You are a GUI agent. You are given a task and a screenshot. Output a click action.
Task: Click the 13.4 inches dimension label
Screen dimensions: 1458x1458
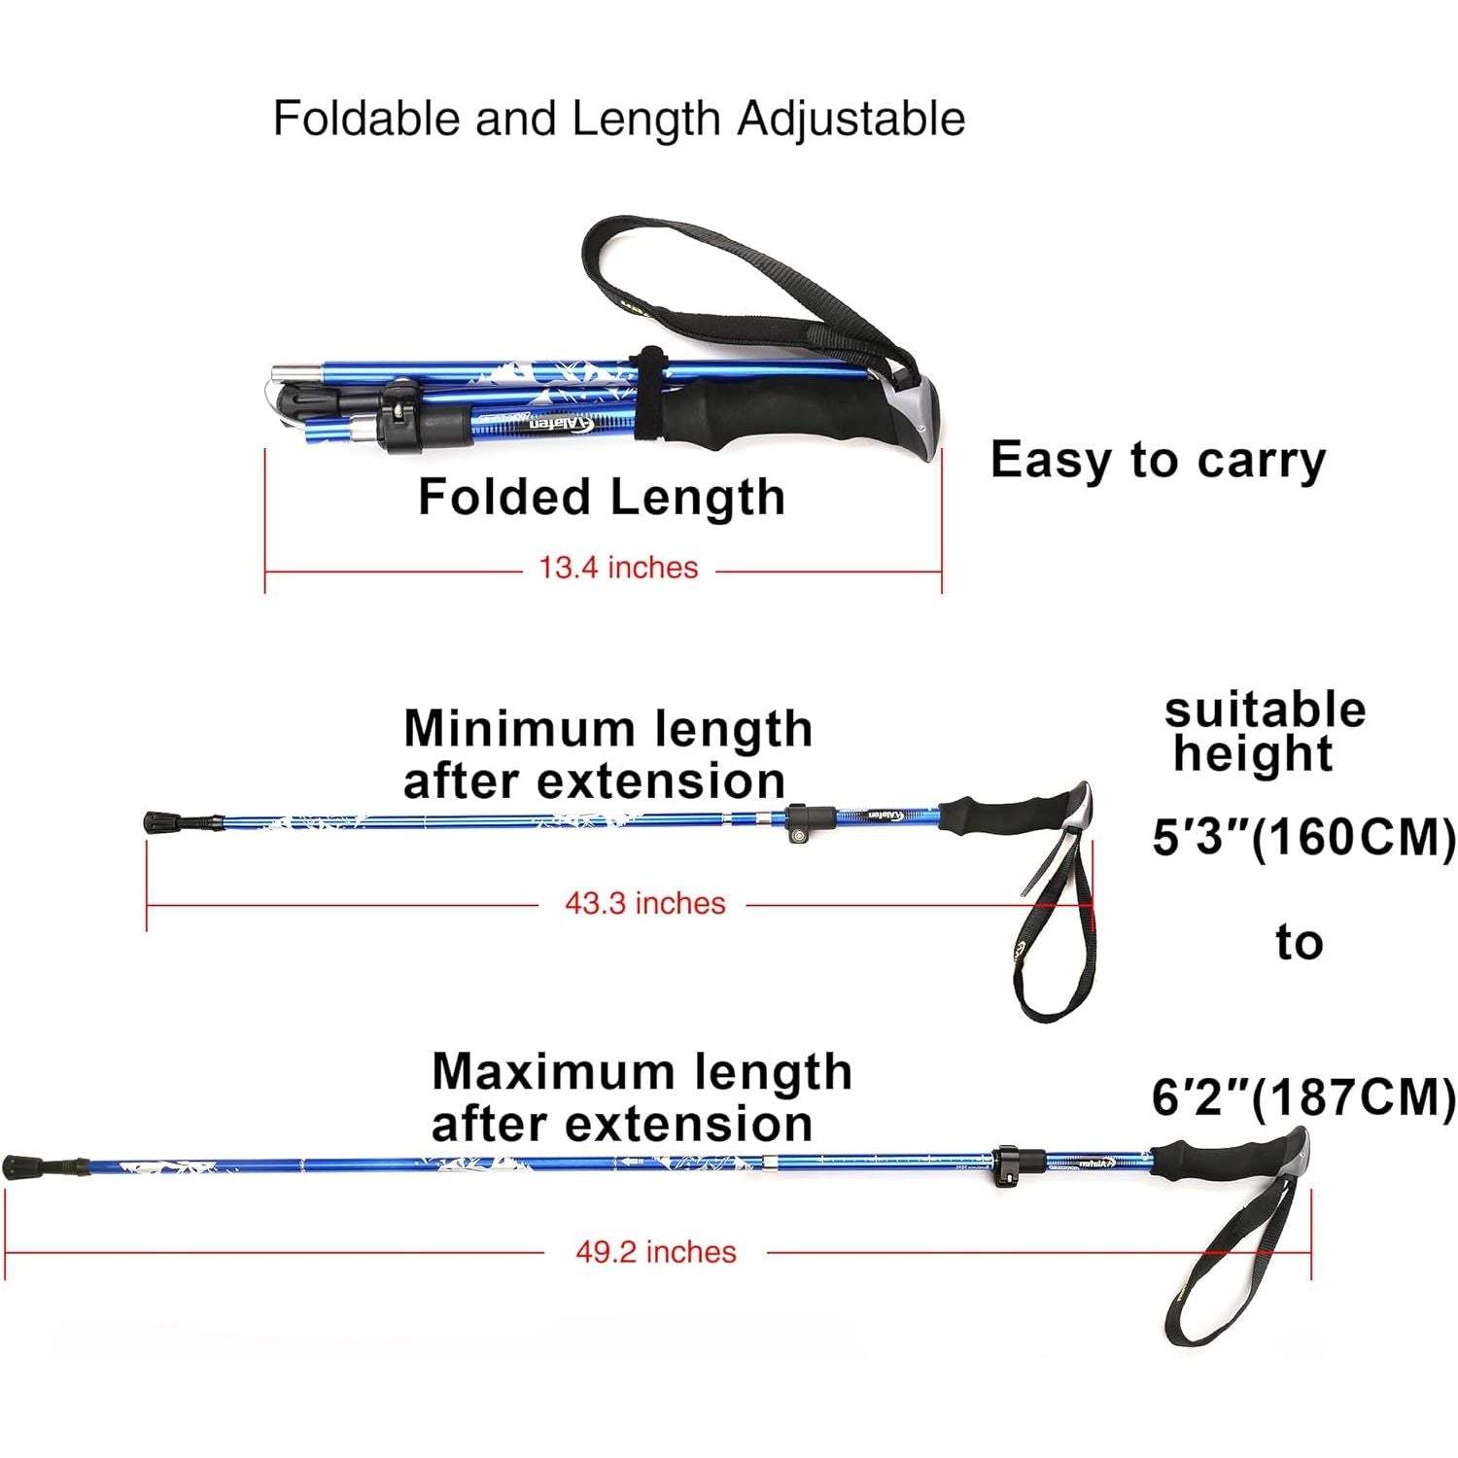pyautogui.click(x=618, y=568)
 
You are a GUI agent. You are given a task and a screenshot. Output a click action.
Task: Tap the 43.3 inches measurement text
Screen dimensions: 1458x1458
pyautogui.click(x=644, y=903)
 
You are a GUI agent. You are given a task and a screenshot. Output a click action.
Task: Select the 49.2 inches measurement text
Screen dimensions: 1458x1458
pyautogui.click(x=655, y=1251)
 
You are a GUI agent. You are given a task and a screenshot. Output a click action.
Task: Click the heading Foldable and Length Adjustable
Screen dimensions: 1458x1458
pyautogui.click(x=618, y=119)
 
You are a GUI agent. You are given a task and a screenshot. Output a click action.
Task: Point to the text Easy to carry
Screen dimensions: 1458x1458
pyautogui.click(x=1157, y=460)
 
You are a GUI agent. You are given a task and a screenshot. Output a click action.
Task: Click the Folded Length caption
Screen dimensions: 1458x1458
pyautogui.click(x=601, y=497)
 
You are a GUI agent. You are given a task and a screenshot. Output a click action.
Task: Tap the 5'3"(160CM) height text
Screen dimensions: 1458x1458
pyautogui.click(x=1303, y=837)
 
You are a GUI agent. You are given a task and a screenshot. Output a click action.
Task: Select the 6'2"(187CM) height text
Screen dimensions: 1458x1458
pyautogui.click(x=1303, y=1097)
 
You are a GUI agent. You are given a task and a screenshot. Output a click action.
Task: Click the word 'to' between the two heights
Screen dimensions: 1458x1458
pyautogui.click(x=1299, y=943)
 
